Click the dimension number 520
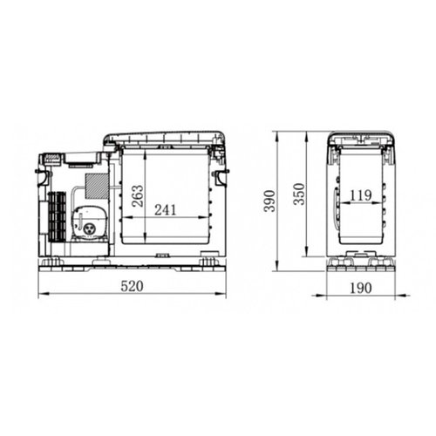pos(132,284)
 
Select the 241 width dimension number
pos(167,208)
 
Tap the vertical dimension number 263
pos(138,195)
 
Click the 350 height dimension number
pos(300,194)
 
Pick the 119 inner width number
pos(360,194)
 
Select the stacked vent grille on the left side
pos(57,216)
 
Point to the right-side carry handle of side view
pos(221,179)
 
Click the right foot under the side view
pos(209,260)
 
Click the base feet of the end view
pos(360,262)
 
